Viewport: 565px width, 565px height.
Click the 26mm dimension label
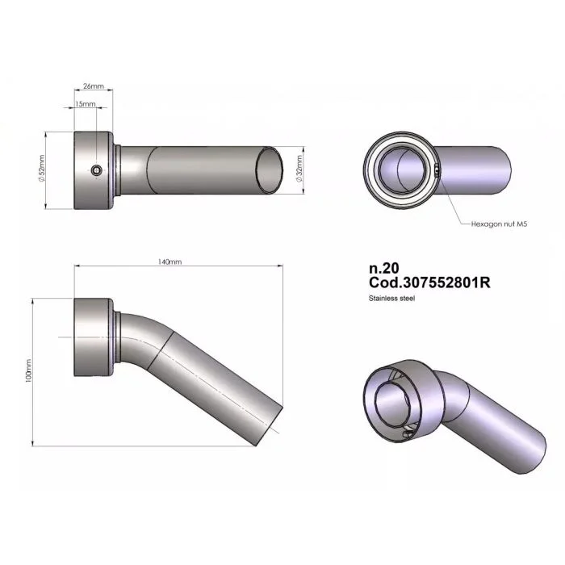coord(94,86)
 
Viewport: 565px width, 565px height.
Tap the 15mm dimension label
coord(85,104)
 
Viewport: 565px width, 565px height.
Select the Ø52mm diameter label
coord(41,169)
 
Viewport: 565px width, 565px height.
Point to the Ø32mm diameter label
coord(299,169)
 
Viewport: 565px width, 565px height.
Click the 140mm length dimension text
coord(169,262)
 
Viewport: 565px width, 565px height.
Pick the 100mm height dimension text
coord(28,370)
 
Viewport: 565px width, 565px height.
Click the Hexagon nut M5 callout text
coord(499,224)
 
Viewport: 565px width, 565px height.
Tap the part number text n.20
coord(383,269)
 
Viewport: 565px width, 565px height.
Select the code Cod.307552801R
coord(429,282)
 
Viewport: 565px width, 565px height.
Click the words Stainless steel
coord(391,299)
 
